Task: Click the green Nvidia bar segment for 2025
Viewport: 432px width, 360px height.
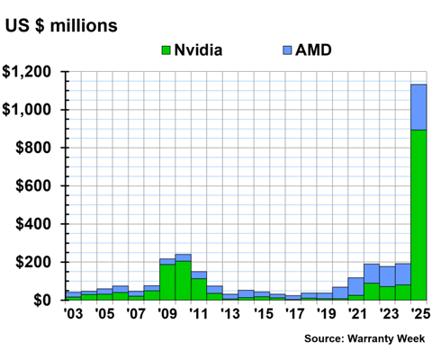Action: click(418, 216)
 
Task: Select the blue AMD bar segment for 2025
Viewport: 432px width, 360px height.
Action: click(418, 107)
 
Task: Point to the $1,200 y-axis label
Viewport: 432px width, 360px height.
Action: click(31, 72)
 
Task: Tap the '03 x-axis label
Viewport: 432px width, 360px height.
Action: click(73, 314)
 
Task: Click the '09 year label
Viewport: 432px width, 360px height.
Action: click(167, 314)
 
